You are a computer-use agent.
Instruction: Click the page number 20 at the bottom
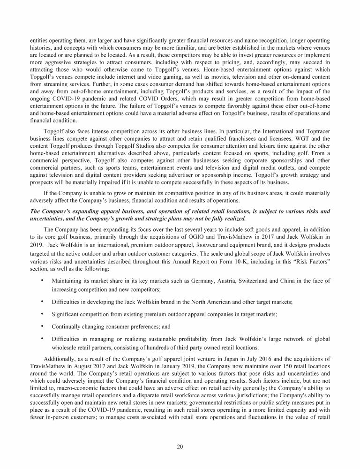coord(180,446)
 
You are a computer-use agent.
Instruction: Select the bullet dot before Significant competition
coord(43,310)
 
